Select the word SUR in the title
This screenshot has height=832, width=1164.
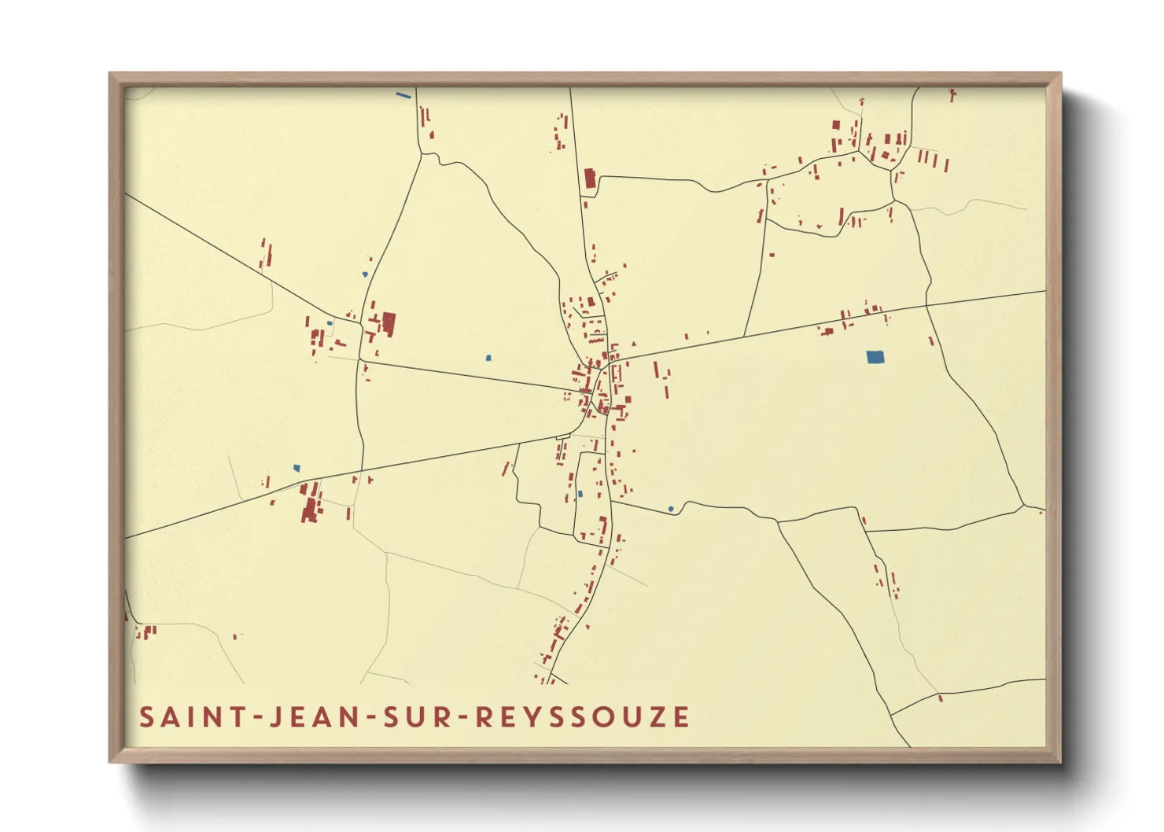coord(415,717)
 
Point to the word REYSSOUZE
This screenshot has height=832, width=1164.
coord(583,717)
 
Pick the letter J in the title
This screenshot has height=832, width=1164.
coord(275,717)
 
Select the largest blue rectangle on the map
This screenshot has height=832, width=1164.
coord(875,357)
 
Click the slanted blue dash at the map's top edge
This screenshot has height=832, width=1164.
coord(403,96)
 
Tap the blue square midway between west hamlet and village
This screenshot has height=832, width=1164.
coord(488,358)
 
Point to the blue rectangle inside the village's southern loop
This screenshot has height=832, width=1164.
coord(580,494)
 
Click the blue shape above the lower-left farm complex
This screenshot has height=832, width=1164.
coord(297,468)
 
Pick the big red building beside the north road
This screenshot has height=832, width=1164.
coord(590,179)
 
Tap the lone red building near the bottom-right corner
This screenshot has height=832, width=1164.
coord(941,698)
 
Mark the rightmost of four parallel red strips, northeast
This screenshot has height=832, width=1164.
coord(946,166)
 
